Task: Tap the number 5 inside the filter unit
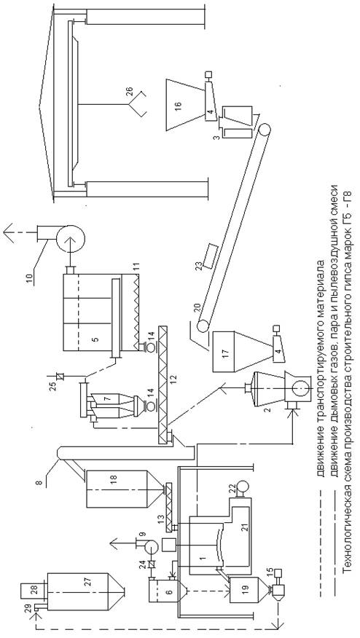[95, 337]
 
